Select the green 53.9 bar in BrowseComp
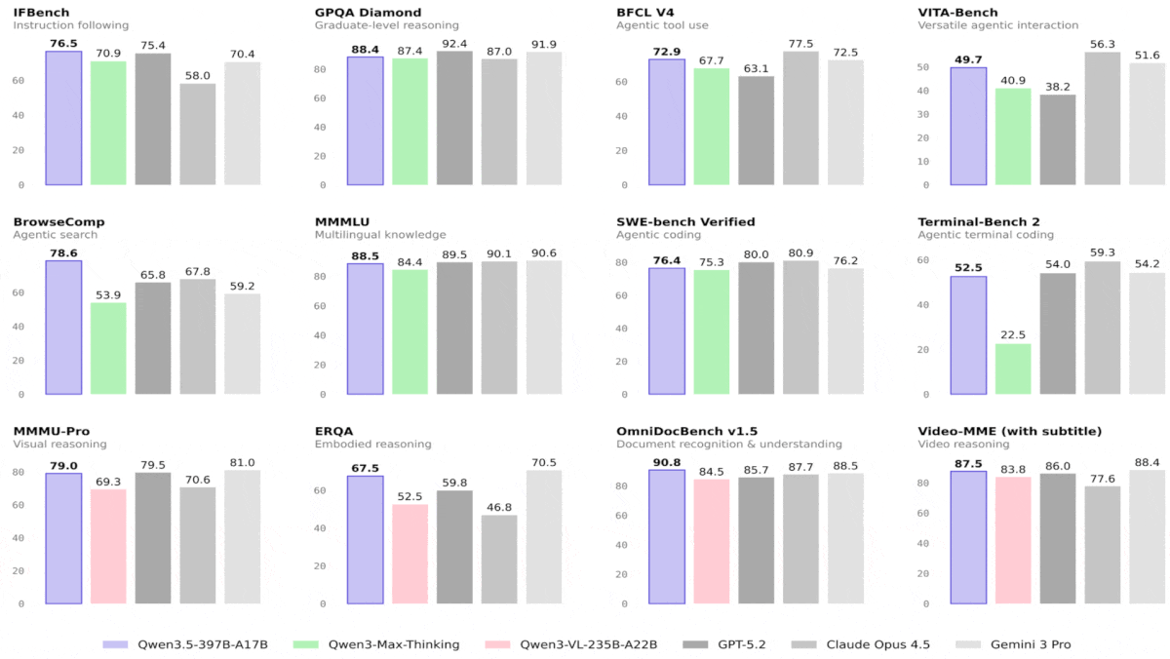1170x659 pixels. (108, 348)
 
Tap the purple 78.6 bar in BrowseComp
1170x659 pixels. (63, 328)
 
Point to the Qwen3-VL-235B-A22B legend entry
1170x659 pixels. (576, 644)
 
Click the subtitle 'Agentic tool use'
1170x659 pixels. (664, 25)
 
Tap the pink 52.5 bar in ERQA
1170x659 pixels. (410, 554)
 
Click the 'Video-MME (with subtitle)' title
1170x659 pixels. (1009, 431)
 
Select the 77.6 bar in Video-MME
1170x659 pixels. (1102, 545)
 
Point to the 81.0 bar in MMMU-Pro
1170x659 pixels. (242, 537)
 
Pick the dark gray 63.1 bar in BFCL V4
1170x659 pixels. (756, 131)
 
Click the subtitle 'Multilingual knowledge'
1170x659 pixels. (380, 235)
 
